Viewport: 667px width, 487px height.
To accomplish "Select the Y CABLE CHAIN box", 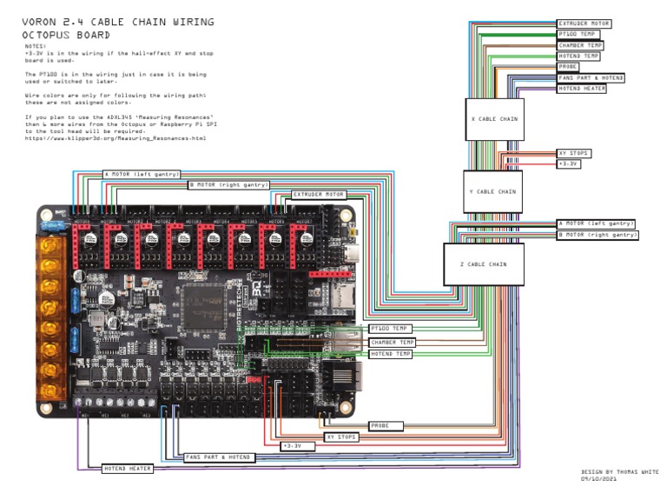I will coord(492,191).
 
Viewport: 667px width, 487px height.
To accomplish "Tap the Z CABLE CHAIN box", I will coord(485,264).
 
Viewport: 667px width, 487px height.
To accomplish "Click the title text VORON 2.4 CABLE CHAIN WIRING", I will coord(118,21).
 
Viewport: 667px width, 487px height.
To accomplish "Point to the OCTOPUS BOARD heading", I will coord(67,35).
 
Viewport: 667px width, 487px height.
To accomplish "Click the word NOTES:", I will coord(35,45).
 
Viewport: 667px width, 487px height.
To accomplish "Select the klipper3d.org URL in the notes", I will coord(116,137).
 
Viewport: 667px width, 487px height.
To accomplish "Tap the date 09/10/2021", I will coord(599,478).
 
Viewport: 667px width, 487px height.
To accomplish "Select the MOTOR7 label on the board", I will coord(304,222).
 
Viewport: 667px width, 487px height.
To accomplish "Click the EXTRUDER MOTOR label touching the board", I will coord(319,195).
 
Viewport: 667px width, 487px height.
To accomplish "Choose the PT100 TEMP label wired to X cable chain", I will coord(578,35).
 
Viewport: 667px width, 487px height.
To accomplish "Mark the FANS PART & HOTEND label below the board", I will coord(218,457).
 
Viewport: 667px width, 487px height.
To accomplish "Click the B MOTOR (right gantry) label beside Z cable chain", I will coord(597,235).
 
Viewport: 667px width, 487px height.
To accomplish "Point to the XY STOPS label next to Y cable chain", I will coord(573,153).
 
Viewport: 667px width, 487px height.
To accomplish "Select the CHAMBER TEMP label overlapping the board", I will coord(392,342).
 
